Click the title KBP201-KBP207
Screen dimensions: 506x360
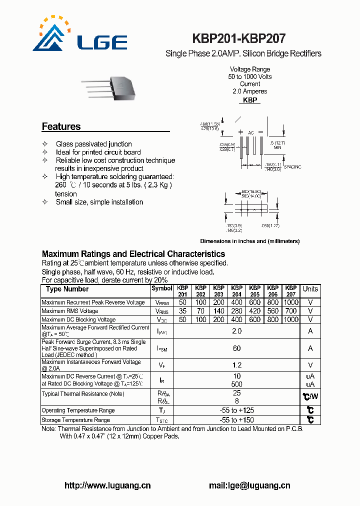point(239,39)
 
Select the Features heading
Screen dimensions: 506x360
point(61,126)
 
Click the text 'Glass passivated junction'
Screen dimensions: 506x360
point(93,144)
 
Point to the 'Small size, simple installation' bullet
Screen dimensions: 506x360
point(99,202)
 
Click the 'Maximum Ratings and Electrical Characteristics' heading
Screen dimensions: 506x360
point(133,254)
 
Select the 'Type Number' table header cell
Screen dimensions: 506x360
point(67,289)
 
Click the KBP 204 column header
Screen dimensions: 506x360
point(236,291)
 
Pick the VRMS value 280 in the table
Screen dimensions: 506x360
point(236,311)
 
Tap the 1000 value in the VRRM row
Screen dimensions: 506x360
point(290,302)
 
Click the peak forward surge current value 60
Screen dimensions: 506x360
point(236,348)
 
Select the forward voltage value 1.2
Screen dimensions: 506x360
point(236,365)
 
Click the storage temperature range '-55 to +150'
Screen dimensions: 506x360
point(236,420)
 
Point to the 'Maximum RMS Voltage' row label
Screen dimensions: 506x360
point(70,311)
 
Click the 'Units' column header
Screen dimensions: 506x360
point(310,289)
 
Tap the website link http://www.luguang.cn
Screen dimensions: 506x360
point(107,485)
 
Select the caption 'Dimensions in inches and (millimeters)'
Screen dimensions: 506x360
point(249,241)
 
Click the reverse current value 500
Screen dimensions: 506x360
point(236,384)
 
